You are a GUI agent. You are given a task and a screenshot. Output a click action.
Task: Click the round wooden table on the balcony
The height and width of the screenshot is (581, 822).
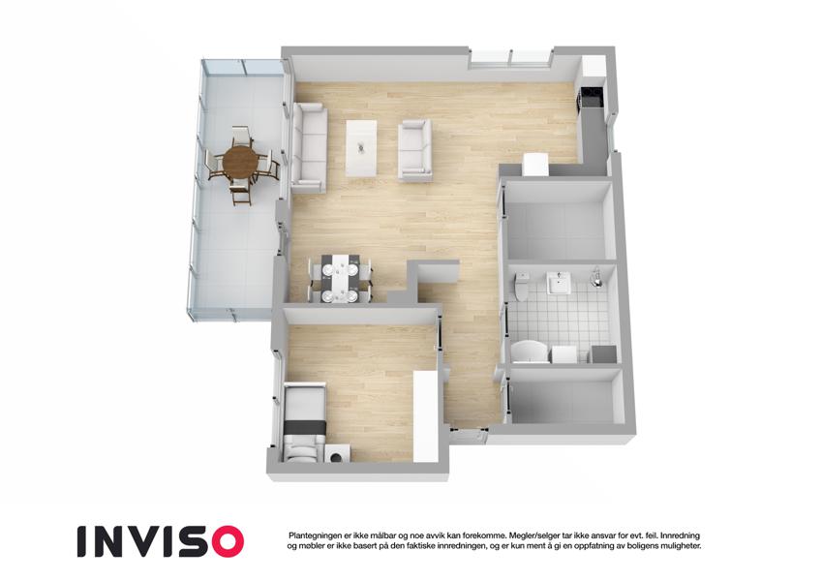pyautogui.click(x=240, y=162)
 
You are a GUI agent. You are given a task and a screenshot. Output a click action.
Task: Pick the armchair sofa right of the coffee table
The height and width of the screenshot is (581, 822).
pyautogui.click(x=414, y=149)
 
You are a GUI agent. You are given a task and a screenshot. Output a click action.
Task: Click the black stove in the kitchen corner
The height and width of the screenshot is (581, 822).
pyautogui.click(x=590, y=97)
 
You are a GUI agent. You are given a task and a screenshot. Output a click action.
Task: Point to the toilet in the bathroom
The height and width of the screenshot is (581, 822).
pyautogui.click(x=522, y=286)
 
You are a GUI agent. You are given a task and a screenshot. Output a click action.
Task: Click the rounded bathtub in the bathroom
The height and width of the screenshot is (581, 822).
pyautogui.click(x=528, y=351)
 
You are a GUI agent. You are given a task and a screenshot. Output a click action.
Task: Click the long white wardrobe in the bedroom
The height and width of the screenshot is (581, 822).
pyautogui.click(x=425, y=416)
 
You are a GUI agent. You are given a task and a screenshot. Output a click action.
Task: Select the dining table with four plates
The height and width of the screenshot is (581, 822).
pyautogui.click(x=339, y=278)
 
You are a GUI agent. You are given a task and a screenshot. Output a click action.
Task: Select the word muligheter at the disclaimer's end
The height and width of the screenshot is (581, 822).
pyautogui.click(x=674, y=546)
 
